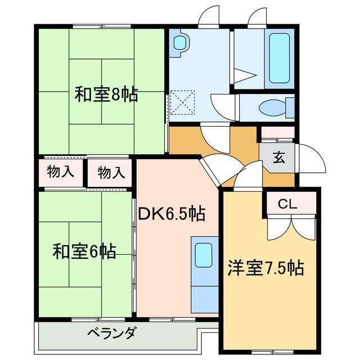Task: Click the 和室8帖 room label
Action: point(106,94)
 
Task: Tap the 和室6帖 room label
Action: point(85,251)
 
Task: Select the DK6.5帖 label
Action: point(172,214)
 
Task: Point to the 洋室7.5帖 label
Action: point(265,268)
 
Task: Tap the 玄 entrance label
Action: point(279,157)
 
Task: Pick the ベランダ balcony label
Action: point(111,333)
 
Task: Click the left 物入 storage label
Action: point(60,172)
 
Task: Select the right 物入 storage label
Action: point(111,172)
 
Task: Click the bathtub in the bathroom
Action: point(280,58)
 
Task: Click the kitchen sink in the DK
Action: point(203,256)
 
